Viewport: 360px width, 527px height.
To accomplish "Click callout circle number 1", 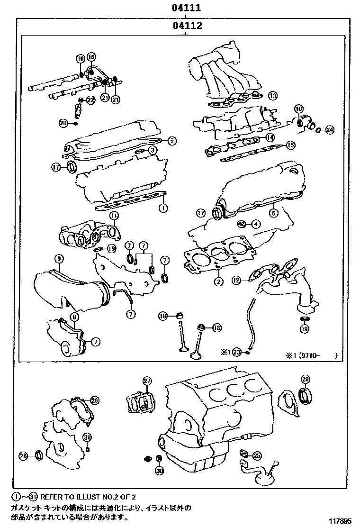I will point(162,208).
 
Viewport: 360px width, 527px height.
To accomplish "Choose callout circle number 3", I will point(153,150).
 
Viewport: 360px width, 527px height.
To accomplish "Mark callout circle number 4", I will point(255,224).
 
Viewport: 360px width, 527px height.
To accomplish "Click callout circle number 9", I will point(59,259).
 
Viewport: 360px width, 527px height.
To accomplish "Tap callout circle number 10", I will point(298,109).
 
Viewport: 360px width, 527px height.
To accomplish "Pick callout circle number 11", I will point(114,216).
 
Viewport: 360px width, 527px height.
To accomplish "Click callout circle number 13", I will point(271,96).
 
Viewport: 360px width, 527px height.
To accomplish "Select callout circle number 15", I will point(290,145).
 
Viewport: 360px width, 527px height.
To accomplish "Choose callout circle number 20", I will point(63,123).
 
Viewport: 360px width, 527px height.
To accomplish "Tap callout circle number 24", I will point(330,129).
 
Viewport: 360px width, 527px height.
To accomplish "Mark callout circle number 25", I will point(257,455).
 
